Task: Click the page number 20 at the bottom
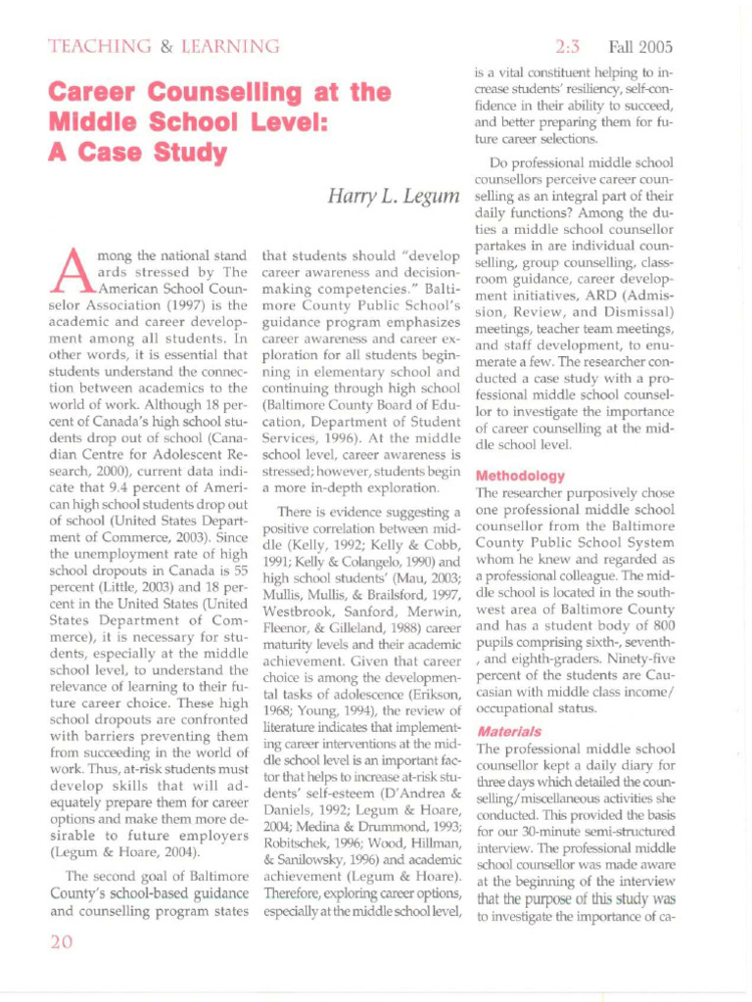click(x=64, y=943)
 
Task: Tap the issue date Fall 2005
click(x=640, y=46)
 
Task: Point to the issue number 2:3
click(x=568, y=46)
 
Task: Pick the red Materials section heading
click(x=509, y=731)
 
